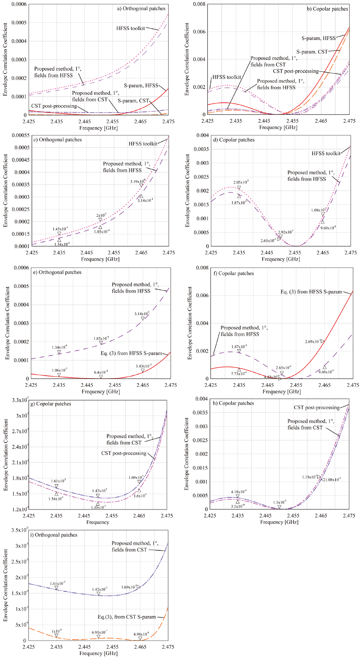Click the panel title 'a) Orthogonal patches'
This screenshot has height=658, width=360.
point(141,9)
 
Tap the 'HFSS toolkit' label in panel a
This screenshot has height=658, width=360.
point(131,28)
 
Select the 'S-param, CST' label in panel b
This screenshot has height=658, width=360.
point(312,52)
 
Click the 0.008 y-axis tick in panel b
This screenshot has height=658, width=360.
point(199,4)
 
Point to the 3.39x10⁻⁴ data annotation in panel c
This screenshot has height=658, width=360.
point(137,182)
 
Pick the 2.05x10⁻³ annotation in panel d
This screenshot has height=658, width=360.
point(241,182)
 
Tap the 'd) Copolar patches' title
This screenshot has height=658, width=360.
point(234,140)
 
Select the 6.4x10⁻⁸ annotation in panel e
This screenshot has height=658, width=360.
point(101,372)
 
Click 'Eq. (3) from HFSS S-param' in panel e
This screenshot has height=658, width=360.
point(131,353)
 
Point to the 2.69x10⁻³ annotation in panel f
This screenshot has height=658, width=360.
point(313,341)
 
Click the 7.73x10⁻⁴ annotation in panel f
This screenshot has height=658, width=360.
point(239,374)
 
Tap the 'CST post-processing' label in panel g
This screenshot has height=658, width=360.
point(124,453)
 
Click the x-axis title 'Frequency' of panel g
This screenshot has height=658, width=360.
point(98,522)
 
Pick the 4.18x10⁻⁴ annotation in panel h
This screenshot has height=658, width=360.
point(239,491)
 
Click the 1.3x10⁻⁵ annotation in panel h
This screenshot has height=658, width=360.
point(280,502)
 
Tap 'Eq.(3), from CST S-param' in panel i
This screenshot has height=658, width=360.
point(127,617)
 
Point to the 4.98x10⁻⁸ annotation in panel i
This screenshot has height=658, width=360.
point(141,634)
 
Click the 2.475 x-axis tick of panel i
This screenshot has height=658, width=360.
point(168,647)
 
